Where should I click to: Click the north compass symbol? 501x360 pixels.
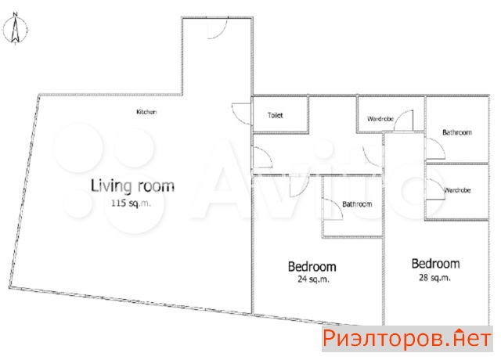pos(15,28)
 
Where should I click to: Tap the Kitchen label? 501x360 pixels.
pos(146,112)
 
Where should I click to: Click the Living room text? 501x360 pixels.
pos(132,186)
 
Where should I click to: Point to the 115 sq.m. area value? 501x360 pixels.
pos(131,203)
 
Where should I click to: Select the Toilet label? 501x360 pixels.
pos(275,115)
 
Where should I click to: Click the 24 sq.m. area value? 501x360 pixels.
pos(313,279)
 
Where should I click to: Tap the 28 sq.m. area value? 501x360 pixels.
pos(434,277)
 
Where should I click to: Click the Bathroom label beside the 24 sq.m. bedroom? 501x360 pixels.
pos(357,203)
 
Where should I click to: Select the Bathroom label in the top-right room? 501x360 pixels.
pos(457,132)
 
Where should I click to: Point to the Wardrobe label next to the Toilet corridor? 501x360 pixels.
pos(380,119)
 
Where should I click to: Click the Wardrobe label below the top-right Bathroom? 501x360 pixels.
pos(457,190)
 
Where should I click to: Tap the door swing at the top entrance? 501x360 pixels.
pos(218,28)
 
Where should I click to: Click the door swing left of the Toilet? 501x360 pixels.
pos(242,113)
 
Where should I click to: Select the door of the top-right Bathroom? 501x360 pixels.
pos(435,149)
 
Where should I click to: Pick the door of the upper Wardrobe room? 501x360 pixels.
pos(404,121)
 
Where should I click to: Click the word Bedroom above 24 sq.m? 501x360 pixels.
pos(312,266)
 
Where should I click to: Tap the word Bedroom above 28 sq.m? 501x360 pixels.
pos(435,264)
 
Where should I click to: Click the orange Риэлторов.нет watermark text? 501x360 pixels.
pos(407,339)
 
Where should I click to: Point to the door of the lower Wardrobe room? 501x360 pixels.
pos(435,189)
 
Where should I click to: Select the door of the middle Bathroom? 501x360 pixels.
pos(333,209)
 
